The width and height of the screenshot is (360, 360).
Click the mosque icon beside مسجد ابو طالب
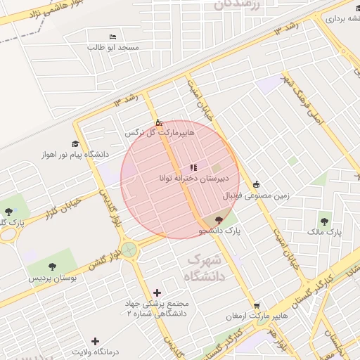click(x=112, y=37)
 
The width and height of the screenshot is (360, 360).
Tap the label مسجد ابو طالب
click(x=114, y=48)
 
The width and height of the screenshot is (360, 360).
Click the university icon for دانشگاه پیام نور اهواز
click(x=75, y=143)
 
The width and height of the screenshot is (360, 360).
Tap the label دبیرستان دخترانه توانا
click(x=192, y=179)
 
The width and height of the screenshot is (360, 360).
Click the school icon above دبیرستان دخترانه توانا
click(x=193, y=167)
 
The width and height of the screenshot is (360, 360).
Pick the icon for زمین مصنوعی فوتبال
click(x=256, y=184)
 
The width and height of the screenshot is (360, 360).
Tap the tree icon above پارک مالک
click(x=324, y=221)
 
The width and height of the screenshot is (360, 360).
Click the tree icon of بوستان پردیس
click(x=53, y=266)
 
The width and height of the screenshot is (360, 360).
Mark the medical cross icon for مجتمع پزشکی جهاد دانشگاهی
click(x=156, y=292)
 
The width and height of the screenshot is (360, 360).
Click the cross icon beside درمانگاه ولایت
click(x=96, y=341)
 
